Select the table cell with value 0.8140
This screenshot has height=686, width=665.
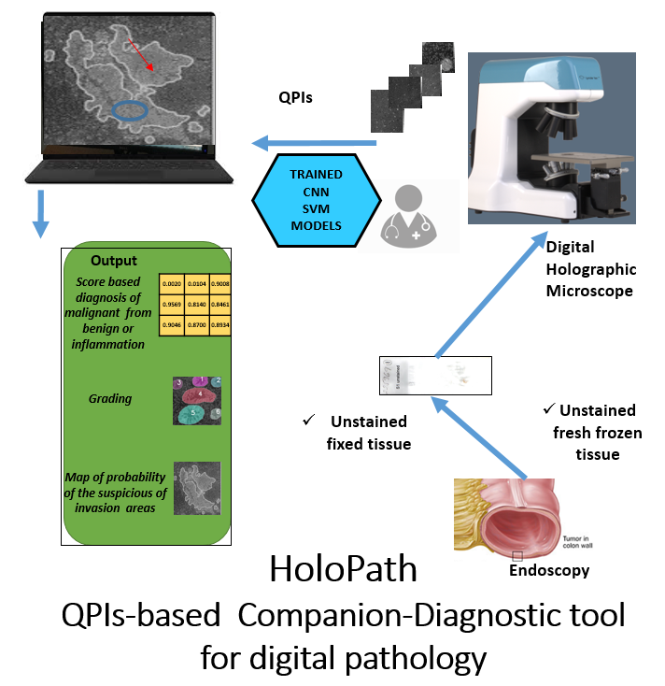(x=197, y=304)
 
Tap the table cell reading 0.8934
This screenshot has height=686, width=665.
(x=220, y=325)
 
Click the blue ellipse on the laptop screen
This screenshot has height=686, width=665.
(x=130, y=111)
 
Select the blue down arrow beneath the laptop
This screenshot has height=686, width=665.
(x=39, y=214)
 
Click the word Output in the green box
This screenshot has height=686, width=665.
(x=114, y=262)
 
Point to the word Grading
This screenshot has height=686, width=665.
(x=110, y=399)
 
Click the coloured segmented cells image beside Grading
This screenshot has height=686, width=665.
(x=197, y=399)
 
